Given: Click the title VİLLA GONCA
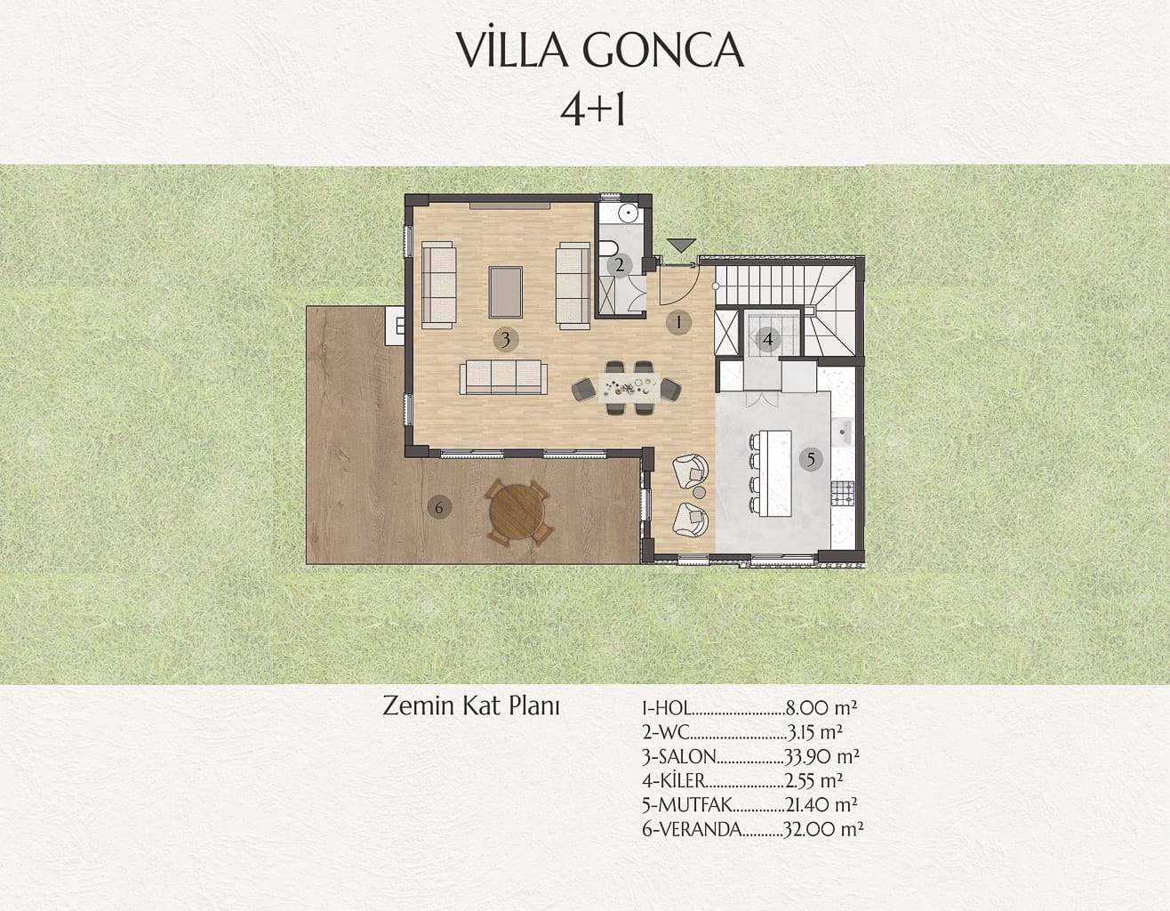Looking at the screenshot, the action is click(x=599, y=50).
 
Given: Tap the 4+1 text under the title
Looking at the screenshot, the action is click(x=592, y=110).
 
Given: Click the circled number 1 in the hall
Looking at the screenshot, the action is click(x=678, y=322).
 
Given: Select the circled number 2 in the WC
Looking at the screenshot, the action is click(x=620, y=265).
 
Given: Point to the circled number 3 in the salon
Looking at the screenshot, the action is click(x=506, y=340).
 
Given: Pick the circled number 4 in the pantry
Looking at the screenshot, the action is click(x=767, y=340).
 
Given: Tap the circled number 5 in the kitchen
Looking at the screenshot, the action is click(x=811, y=460).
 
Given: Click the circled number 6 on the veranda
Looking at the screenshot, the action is click(x=439, y=507).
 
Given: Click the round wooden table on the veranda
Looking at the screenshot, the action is click(x=517, y=512).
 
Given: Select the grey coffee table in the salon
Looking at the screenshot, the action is click(x=506, y=293).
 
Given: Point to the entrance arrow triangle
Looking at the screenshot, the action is click(x=681, y=246).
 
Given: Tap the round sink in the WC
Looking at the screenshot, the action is click(x=628, y=214).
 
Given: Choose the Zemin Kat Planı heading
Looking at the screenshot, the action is click(x=471, y=706).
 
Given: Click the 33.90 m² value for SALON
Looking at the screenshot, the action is click(x=821, y=756).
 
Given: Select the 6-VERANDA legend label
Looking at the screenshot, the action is click(x=692, y=830).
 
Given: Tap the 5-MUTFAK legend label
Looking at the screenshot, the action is click(x=687, y=805).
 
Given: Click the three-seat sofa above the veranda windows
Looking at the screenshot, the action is click(x=503, y=377).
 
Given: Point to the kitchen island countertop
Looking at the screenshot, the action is click(x=775, y=472).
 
